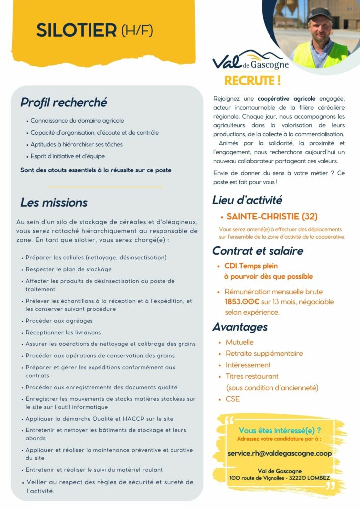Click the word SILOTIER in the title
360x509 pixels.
coord(76,30)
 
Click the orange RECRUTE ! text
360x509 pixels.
coord(253,80)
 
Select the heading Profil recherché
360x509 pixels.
coord(64,103)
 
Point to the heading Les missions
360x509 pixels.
coord(54,203)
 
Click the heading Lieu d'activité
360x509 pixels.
coord(247,200)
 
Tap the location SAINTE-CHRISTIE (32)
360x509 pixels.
coord(271,217)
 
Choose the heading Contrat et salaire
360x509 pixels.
coord(258,251)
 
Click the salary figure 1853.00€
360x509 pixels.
coord(243,302)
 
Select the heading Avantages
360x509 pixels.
coord(240,327)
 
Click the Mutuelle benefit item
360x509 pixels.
coord(239,342)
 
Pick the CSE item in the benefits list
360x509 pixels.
coord(233,399)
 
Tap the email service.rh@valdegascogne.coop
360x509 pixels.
coord(279,453)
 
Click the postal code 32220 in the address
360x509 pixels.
coord(292,478)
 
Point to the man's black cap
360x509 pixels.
coord(319,13)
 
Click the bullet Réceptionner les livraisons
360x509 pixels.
coord(63,332)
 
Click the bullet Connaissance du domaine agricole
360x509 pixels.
coord(77,121)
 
